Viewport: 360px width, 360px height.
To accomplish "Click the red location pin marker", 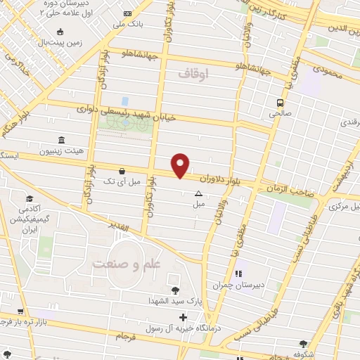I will click(181, 165).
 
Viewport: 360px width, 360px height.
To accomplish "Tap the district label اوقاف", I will click(194, 72).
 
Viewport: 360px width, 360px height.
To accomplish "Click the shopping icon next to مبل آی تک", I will click(122, 171).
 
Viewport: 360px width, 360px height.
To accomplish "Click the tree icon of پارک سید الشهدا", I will click(174, 290).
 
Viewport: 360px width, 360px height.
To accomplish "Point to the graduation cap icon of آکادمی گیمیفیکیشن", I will click(30, 199).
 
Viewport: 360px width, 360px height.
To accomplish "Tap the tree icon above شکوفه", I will click(303, 344).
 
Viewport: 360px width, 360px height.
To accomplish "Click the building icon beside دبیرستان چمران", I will click(238, 273).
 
